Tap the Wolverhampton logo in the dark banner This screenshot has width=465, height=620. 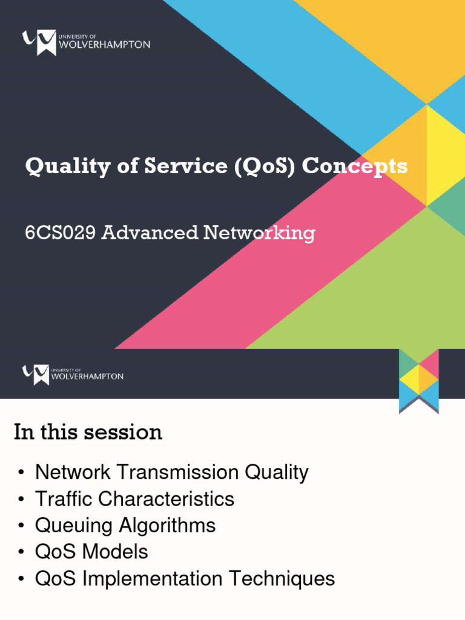click(x=73, y=374)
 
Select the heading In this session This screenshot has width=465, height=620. click(x=88, y=432)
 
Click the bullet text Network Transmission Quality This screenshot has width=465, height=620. click(x=171, y=472)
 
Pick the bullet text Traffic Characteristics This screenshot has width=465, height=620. click(x=134, y=499)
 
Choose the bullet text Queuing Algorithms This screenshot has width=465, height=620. click(x=125, y=526)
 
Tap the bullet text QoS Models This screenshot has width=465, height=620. click(x=91, y=552)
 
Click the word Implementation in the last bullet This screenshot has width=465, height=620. click(x=153, y=579)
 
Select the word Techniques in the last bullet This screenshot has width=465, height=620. click(x=282, y=579)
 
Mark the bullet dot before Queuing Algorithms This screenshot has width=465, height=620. click(x=22, y=526)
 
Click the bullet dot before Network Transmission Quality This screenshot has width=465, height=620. click(x=22, y=473)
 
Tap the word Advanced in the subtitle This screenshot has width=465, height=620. click(x=150, y=233)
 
